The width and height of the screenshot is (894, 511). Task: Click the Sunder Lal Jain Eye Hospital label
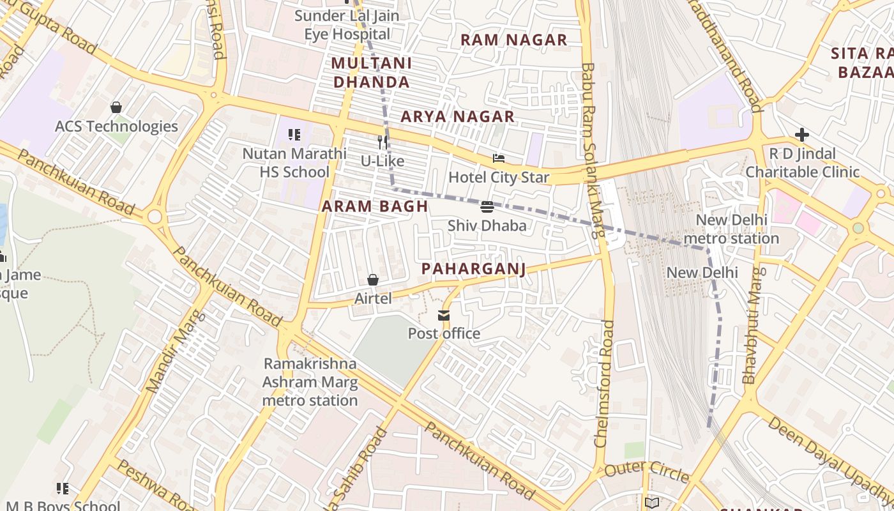click(x=347, y=25)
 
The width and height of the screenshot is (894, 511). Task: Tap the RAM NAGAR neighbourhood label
click(x=513, y=40)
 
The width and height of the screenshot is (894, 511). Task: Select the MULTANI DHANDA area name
click(x=372, y=72)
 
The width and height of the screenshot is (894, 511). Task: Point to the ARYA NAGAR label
click(x=457, y=116)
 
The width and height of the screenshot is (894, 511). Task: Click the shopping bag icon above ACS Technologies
click(x=116, y=107)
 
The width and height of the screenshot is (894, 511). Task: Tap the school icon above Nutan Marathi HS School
click(x=294, y=135)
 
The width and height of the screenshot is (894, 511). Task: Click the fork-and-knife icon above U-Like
click(x=383, y=142)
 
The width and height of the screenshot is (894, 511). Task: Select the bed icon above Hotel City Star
click(x=499, y=158)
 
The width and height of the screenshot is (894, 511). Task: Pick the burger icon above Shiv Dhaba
click(x=487, y=206)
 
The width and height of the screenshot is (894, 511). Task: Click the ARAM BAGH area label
click(x=374, y=206)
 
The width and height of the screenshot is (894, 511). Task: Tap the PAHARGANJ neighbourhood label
click(x=474, y=269)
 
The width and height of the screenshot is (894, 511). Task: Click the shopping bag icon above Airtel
click(x=373, y=280)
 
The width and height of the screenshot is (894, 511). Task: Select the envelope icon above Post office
click(x=444, y=316)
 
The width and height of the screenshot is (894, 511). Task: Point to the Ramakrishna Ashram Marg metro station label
click(x=310, y=382)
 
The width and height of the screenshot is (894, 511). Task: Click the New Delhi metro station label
click(x=731, y=229)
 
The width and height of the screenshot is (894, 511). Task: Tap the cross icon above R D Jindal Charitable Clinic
click(x=802, y=135)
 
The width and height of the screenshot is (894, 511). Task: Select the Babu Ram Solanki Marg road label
click(x=593, y=150)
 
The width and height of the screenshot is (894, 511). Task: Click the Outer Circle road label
click(x=646, y=473)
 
